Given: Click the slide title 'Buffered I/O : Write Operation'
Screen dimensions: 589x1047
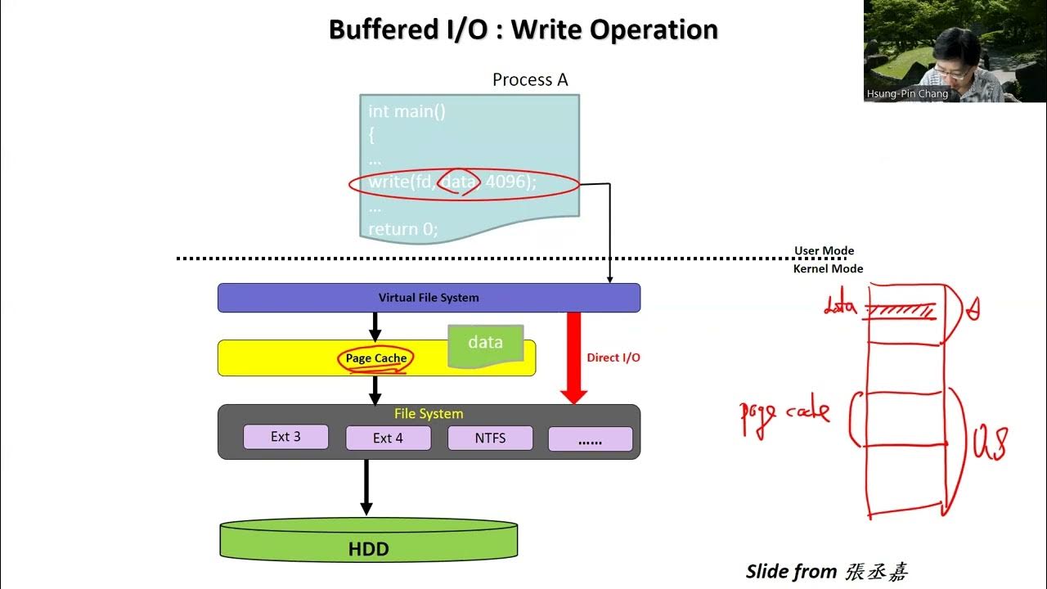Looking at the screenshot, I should tap(523, 29).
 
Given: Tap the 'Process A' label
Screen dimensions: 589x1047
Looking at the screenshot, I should tap(529, 79).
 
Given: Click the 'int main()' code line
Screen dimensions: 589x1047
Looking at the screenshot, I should tap(407, 111).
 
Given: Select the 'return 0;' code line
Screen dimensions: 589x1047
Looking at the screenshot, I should tap(402, 229).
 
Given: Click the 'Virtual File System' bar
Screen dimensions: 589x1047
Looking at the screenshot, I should tap(429, 298).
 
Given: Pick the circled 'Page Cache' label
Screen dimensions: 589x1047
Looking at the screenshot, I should tap(375, 358).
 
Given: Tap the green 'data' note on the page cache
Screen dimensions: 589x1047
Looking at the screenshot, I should tap(485, 343).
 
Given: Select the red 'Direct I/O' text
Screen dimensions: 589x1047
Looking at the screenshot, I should tap(613, 357).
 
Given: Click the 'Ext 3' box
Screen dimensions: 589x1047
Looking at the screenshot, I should tap(285, 437).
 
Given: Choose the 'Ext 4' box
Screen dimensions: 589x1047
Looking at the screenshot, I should tap(388, 438).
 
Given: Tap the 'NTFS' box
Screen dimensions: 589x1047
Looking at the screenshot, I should tap(490, 438).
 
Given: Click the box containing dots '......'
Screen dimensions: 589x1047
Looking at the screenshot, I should tap(590, 439).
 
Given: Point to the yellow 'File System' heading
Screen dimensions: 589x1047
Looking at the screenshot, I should tap(429, 414).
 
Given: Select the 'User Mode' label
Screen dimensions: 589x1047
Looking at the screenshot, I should tap(824, 251).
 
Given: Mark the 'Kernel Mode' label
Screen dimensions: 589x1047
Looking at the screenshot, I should tap(828, 268).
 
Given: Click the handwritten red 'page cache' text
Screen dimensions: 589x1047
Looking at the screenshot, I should tap(784, 413).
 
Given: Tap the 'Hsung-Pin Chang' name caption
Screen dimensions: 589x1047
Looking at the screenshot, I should tap(907, 94).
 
